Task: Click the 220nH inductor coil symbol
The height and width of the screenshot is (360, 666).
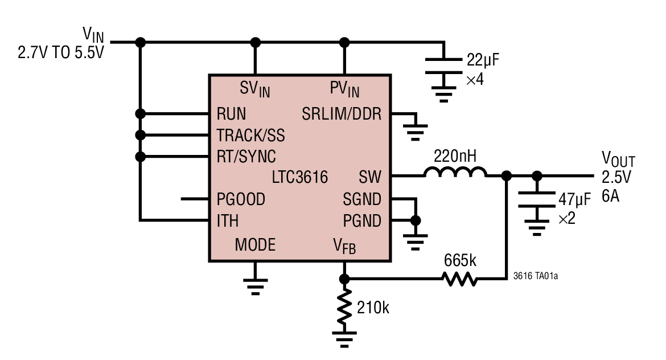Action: point(454,173)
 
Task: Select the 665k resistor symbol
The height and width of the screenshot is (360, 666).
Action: point(460,279)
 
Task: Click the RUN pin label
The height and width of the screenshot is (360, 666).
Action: point(231,114)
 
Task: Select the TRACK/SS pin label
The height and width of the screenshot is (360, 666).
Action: point(250,136)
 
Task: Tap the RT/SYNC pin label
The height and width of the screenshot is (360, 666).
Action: point(246,157)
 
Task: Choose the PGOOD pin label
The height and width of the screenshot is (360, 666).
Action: point(241,199)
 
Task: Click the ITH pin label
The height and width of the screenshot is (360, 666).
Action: point(228,220)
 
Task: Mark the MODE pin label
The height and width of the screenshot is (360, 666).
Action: point(255,245)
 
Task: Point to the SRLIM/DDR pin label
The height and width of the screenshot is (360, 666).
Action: point(342,114)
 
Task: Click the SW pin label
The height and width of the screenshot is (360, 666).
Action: point(370,177)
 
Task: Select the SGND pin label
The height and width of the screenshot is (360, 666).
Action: point(362,199)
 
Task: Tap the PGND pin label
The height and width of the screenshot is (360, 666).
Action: point(362,220)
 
